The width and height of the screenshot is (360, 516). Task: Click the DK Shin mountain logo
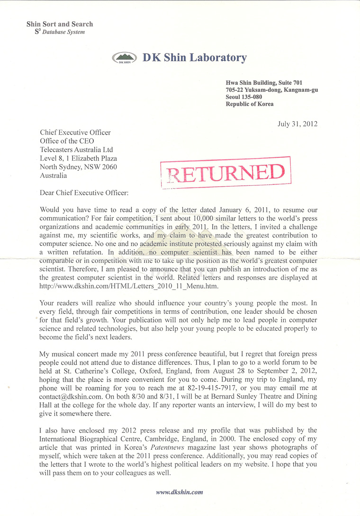[125, 58]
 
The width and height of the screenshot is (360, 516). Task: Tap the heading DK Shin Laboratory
[195, 58]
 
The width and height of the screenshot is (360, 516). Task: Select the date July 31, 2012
[297, 124]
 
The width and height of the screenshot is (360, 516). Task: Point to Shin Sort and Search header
[60, 24]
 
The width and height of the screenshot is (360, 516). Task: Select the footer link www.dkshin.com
[180, 492]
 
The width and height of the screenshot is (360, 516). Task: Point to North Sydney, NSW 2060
[78, 167]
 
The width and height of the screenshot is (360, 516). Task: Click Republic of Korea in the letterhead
[250, 104]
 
